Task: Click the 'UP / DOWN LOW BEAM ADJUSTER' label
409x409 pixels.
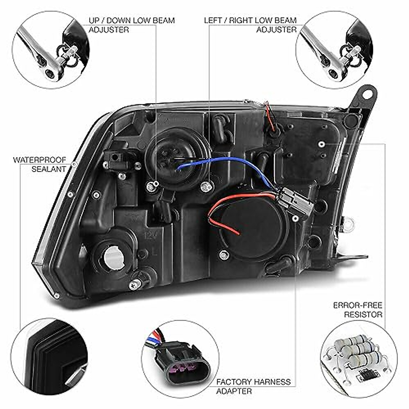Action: [132, 25]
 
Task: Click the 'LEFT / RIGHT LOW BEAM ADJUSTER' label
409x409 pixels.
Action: [251, 25]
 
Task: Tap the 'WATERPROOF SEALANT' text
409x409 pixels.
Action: [40, 164]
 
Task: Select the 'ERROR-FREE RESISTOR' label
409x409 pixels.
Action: [358, 309]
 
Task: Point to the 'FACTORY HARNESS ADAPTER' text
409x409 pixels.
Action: [254, 386]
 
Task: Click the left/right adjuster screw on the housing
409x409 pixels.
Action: [206, 186]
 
